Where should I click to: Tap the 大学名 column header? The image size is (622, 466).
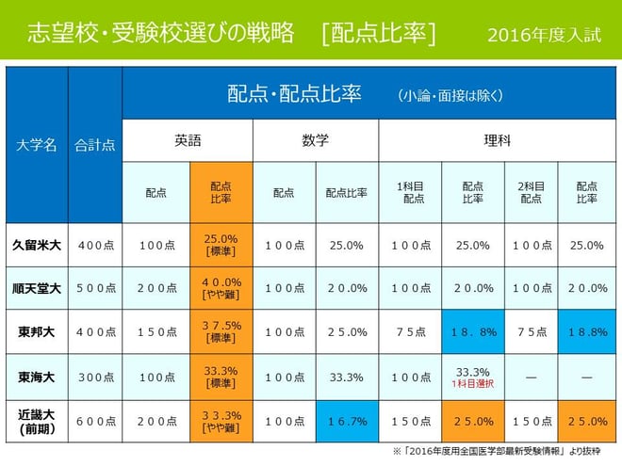(37, 145)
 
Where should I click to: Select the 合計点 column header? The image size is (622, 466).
(94, 145)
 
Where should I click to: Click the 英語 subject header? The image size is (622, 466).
(187, 140)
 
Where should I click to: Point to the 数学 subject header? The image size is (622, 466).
(315, 140)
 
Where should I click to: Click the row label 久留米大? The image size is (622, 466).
(37, 245)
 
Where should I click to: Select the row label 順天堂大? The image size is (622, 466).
(37, 288)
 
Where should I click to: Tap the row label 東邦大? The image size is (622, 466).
(37, 331)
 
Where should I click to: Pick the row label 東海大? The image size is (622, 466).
(37, 377)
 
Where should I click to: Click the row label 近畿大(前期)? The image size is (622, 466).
(37, 422)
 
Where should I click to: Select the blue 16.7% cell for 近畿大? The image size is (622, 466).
(346, 422)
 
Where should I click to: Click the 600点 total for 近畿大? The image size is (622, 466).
(94, 422)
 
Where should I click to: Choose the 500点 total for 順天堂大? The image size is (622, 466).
(94, 288)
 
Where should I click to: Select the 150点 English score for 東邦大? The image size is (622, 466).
(156, 331)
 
